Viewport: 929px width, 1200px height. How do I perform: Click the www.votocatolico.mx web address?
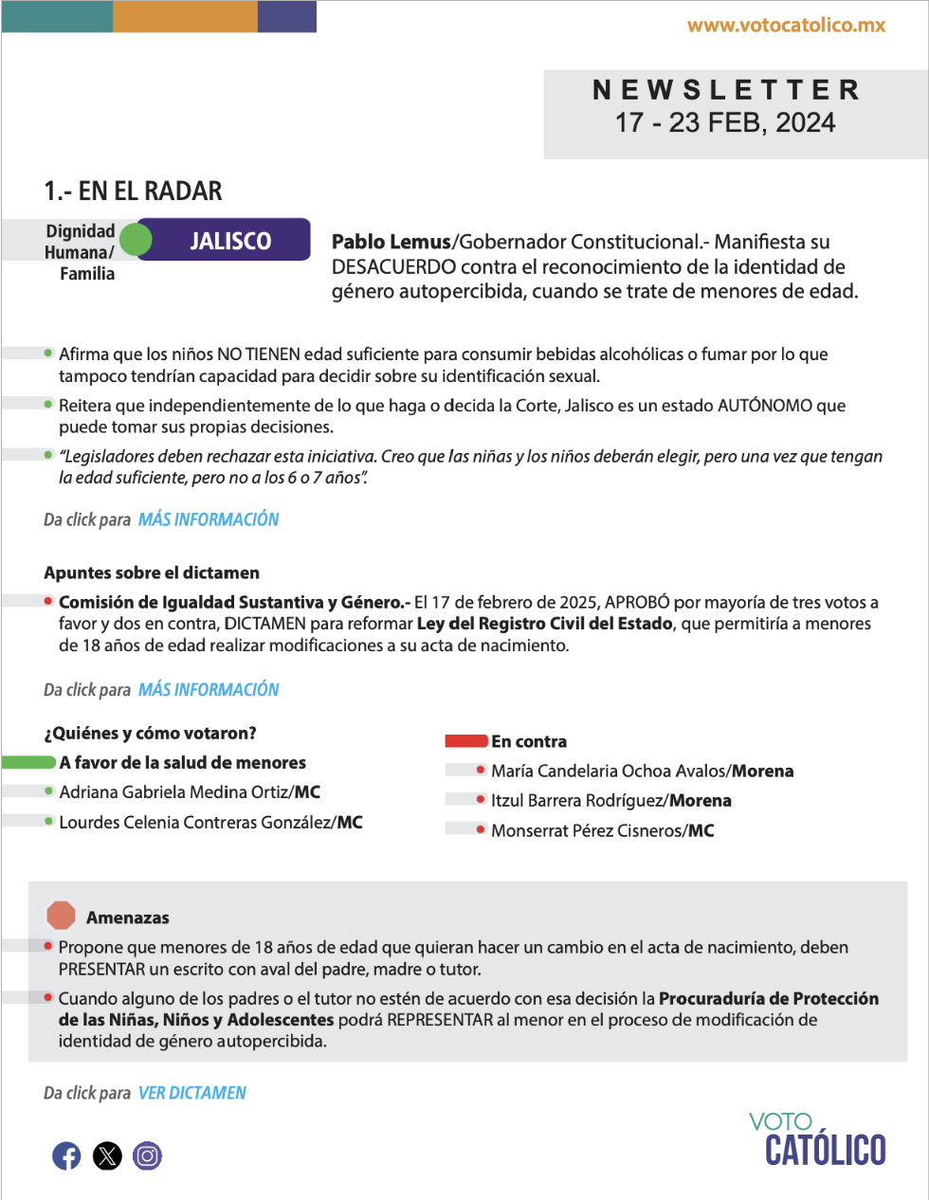[786, 26]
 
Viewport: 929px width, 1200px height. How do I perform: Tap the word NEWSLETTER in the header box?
[726, 90]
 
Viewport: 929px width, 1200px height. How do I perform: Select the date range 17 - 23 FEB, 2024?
[725, 123]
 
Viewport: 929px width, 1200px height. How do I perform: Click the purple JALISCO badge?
[230, 241]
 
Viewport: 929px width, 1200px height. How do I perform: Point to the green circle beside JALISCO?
[136, 240]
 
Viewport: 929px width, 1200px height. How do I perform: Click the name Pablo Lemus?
[391, 242]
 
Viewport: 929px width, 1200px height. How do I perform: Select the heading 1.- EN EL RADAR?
[133, 191]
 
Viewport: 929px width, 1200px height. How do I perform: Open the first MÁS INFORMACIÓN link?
[209, 519]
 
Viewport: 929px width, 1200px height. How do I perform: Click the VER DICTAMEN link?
[192, 1093]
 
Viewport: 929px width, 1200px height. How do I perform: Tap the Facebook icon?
[66, 1155]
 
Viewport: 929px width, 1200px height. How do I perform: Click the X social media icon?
[107, 1155]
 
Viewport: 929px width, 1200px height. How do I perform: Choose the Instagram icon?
[147, 1155]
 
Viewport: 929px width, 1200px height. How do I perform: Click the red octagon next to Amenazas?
[61, 916]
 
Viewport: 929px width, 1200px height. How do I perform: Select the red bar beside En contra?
[466, 741]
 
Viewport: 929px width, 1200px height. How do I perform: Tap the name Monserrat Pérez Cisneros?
[587, 831]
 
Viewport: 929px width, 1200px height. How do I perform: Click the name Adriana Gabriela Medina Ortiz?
[173, 792]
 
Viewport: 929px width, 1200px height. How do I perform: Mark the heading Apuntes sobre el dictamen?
[152, 573]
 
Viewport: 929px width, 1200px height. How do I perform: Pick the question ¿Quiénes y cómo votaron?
[150, 733]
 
